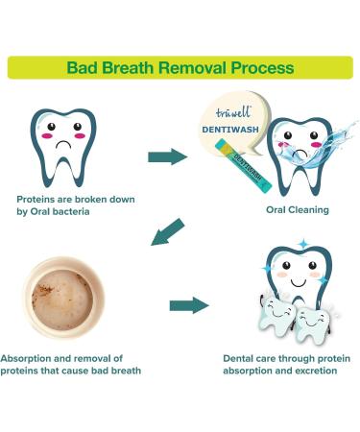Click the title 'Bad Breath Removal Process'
180,68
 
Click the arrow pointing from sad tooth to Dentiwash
167,156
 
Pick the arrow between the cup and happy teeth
189,305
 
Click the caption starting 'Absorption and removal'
71,363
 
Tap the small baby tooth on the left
276,314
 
